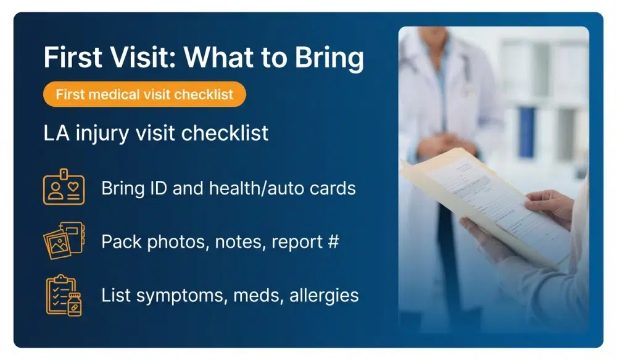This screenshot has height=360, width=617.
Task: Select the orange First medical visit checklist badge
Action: tap(144, 94)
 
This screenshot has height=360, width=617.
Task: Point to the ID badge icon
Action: tap(64, 186)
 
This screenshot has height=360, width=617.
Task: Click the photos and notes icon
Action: tap(64, 240)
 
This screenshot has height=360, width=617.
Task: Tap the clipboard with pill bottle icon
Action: tap(64, 295)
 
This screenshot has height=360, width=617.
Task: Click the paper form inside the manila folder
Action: tap(487, 198)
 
